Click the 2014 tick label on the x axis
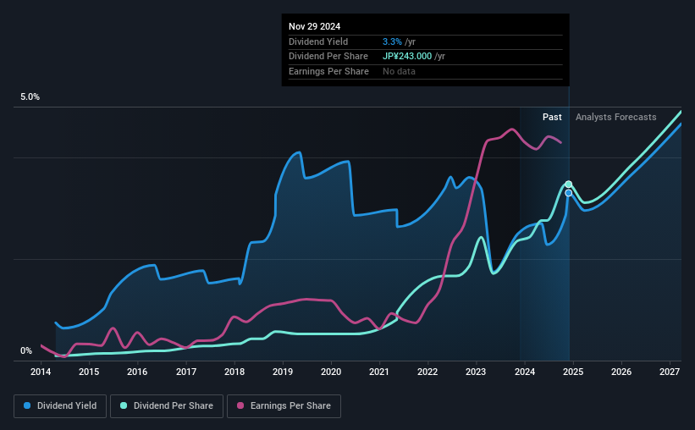(41, 372)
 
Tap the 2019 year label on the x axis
(283, 372)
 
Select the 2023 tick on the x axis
(476, 372)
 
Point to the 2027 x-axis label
(669, 372)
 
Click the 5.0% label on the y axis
(30, 97)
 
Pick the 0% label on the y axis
(26, 350)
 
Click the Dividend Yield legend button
(60, 406)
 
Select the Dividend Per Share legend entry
(172, 406)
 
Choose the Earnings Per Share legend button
(284, 406)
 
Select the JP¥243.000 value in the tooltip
(408, 57)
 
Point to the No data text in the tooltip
(399, 72)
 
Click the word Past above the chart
(552, 117)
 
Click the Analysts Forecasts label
(615, 117)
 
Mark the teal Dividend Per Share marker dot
(569, 185)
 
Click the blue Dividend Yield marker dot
(569, 194)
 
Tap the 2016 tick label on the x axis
(138, 372)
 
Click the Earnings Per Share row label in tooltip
(328, 72)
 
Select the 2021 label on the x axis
(379, 372)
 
